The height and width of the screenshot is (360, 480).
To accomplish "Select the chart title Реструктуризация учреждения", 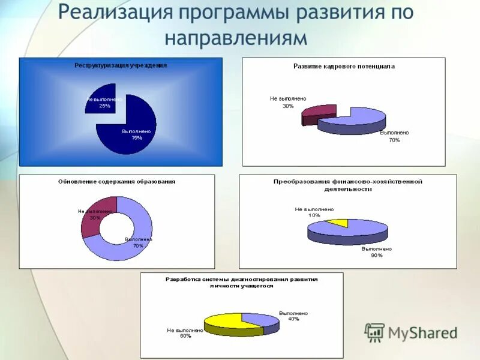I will point(121,65).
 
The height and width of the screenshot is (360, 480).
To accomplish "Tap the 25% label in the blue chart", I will point(104,106).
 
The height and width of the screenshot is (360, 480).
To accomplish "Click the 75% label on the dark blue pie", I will point(137,137).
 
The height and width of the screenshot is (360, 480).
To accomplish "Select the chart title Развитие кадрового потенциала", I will point(344,67).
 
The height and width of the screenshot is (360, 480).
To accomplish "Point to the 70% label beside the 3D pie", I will point(394,140).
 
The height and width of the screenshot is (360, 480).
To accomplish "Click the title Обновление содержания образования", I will point(116,181).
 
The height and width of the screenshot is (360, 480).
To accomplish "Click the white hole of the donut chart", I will point(116,228).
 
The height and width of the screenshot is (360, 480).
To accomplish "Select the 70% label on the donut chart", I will point(138,245).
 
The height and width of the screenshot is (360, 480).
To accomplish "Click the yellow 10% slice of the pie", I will point(338,223).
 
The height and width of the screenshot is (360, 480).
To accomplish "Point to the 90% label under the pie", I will point(376,255).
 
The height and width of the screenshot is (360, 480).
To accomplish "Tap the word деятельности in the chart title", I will point(347,188).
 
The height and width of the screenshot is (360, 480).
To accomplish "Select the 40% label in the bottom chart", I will point(293,319).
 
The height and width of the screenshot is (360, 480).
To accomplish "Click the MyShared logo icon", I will point(374,332).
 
